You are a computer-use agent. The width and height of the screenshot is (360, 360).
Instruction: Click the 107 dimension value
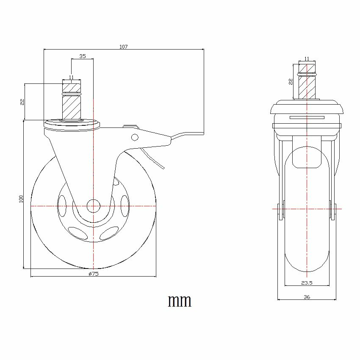pos(124,47)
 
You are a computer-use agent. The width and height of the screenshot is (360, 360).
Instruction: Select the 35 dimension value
pos(83,56)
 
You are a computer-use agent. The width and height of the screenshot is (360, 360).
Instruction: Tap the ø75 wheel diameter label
pos(94,274)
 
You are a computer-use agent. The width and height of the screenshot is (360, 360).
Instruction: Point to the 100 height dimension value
pos(21,199)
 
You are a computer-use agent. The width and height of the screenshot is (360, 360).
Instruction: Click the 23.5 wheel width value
pos(307,283)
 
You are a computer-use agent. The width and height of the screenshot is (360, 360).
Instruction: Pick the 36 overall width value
pos(307,297)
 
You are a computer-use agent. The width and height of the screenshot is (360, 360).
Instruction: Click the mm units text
pos(180,301)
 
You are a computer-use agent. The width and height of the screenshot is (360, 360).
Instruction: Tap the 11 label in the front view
pos(72,77)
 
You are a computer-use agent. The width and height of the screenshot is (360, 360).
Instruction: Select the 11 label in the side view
pos(307,59)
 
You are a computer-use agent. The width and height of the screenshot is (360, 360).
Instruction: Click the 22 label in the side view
pos(291,82)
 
